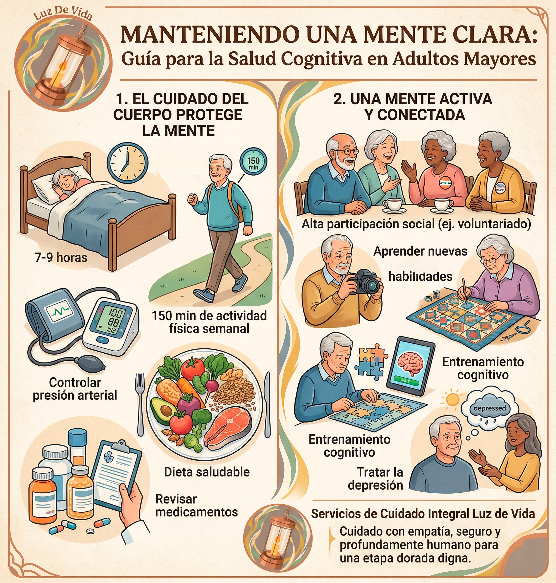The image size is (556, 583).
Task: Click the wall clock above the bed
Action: coord(127,163)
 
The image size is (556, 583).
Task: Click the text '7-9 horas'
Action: coord(61,258)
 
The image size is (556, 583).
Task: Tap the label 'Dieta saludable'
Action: coord(207,472)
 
